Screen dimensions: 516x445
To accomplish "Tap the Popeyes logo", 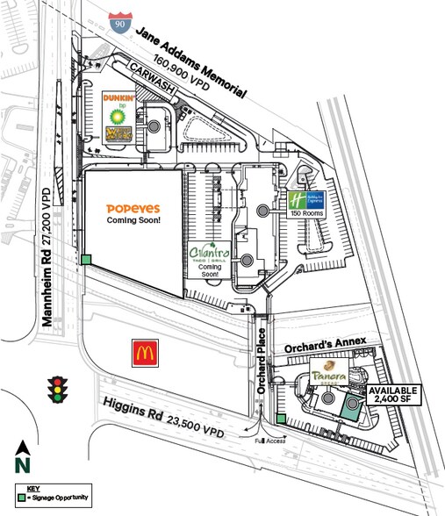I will click(x=132, y=208).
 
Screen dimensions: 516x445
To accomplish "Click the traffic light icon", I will click(x=59, y=388).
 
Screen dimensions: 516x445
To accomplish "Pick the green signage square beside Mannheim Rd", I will click(x=86, y=259).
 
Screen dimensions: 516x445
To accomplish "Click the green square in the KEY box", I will click(x=20, y=498).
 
